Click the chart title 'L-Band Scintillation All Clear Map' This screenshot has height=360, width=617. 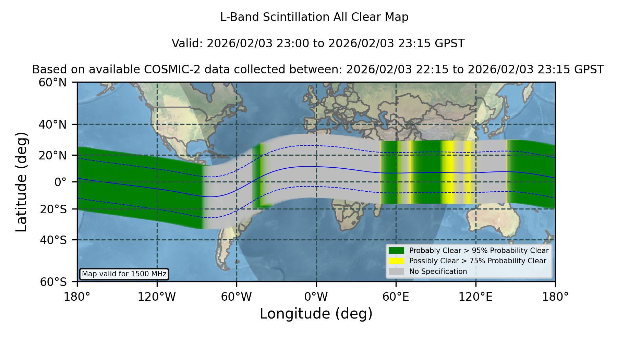[x=314, y=17]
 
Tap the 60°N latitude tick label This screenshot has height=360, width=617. [x=52, y=82]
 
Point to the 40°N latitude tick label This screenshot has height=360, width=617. [x=52, y=124]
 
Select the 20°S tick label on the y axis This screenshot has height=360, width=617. [x=53, y=209]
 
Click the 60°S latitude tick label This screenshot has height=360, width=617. [x=53, y=282]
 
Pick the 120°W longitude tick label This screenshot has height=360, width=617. [x=157, y=297]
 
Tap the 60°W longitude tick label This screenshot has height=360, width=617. [x=237, y=297]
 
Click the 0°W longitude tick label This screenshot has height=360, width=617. [x=316, y=297]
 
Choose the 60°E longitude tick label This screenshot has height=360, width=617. [x=396, y=297]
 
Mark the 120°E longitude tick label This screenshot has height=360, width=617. [x=475, y=297]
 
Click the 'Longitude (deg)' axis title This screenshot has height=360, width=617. [x=316, y=314]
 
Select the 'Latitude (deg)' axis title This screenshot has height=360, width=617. [x=21, y=182]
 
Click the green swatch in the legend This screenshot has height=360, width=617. [x=397, y=251]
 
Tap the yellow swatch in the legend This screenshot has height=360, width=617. [x=397, y=261]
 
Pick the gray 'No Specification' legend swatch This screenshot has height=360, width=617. [x=397, y=272]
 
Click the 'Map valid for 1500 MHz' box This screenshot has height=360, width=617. [x=124, y=274]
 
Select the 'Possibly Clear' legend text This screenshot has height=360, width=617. [x=434, y=261]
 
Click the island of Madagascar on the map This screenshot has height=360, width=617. [x=378, y=209]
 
